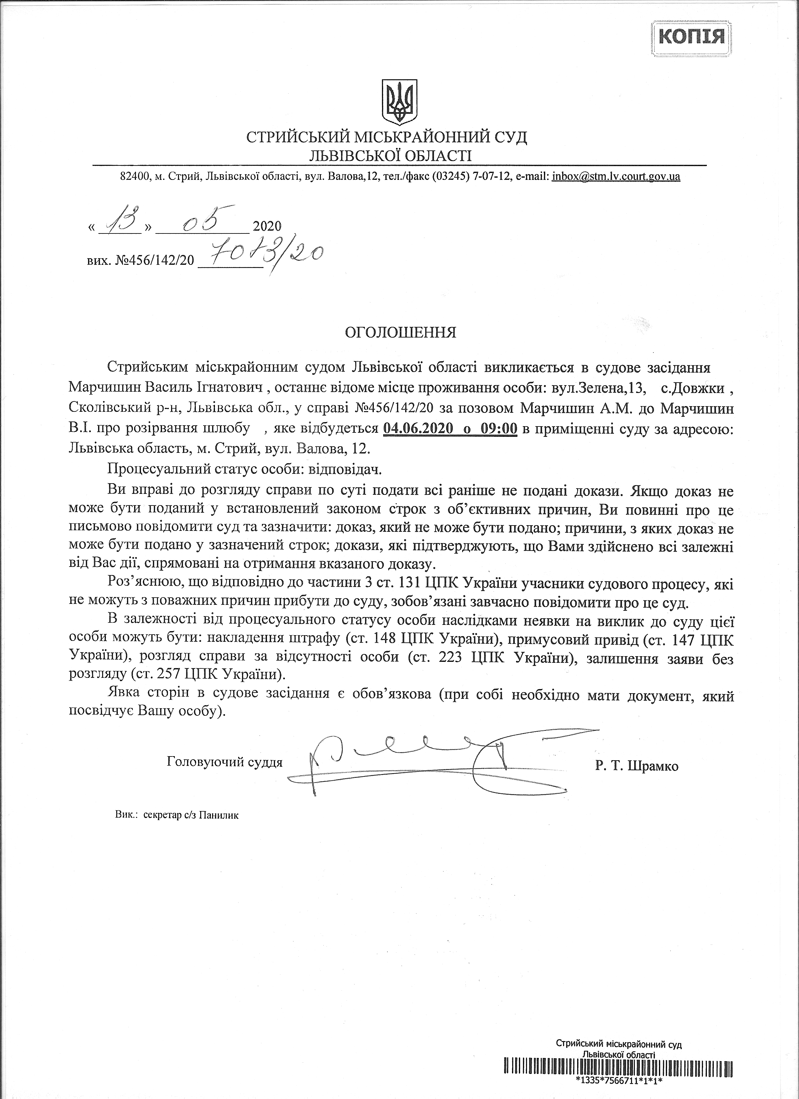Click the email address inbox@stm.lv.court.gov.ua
(616, 176)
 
